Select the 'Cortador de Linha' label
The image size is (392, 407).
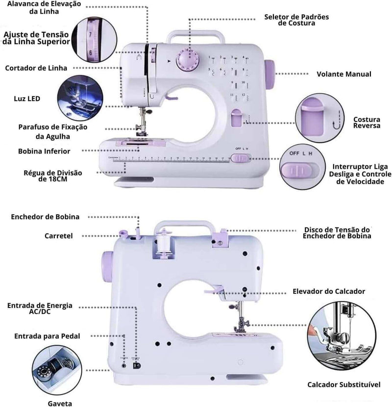[x=36, y=68]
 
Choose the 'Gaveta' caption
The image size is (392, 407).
[x=60, y=403]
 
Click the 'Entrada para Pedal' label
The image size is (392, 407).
[x=47, y=336]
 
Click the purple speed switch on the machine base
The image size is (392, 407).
[x=240, y=158]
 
